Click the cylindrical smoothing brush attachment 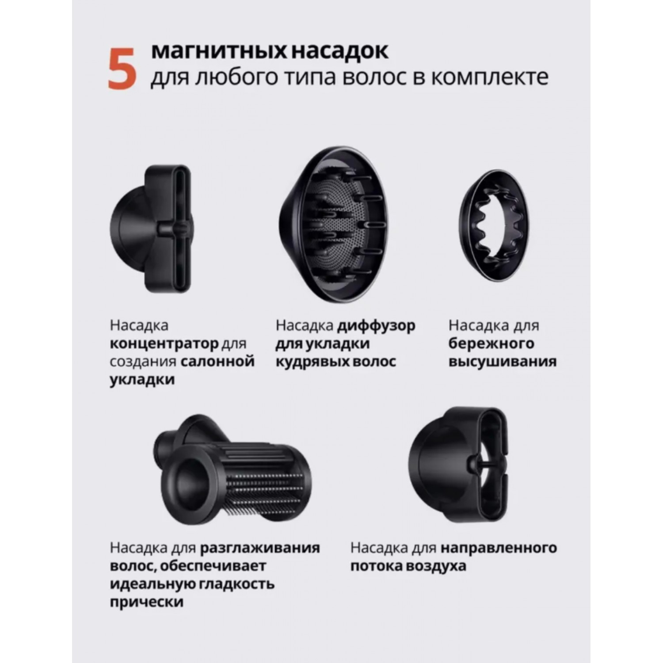[x=232, y=470]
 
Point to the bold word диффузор [x=376, y=326]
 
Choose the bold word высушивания [x=503, y=362]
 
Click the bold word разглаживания [x=260, y=549]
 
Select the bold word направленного [x=499, y=549]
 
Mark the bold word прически [x=146, y=602]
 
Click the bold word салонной [x=217, y=362]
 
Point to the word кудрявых [x=309, y=362]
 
